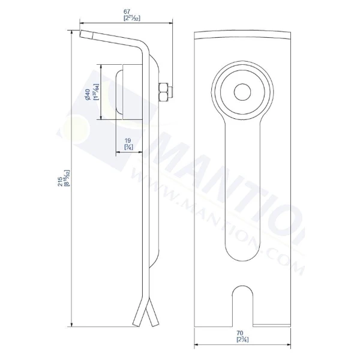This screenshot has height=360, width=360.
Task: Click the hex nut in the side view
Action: (x=162, y=91)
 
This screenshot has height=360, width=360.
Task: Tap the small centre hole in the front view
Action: (x=242, y=91)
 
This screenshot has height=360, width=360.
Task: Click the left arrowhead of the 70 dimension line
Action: (x=198, y=345)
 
